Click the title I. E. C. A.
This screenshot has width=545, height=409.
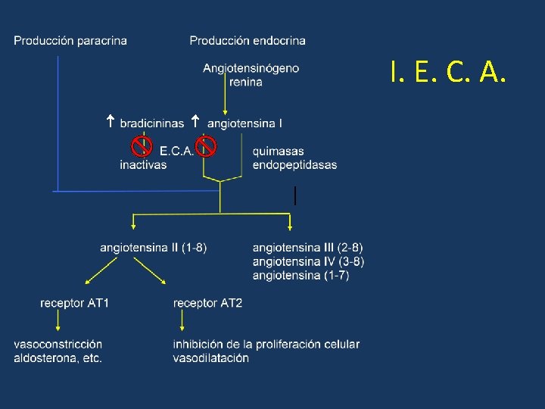coord(447,73)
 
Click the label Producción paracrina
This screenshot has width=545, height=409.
coord(70,40)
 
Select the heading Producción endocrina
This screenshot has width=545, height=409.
coord(248,40)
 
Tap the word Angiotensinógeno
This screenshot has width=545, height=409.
coord(251,68)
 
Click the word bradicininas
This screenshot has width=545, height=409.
coord(151,122)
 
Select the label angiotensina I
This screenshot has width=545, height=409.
coord(244,122)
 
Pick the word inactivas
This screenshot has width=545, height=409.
coord(143,164)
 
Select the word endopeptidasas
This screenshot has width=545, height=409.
coord(294,164)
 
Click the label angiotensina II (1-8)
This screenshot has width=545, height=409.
coord(153,247)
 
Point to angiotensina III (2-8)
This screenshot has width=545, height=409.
coord(307,247)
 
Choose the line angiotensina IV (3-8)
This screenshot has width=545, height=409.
coord(308,261)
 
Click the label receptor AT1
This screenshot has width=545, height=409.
coord(75,303)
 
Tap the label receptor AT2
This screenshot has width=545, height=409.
coord(207,303)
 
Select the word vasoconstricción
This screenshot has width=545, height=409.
coord(58,345)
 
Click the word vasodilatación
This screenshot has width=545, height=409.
coord(210,358)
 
